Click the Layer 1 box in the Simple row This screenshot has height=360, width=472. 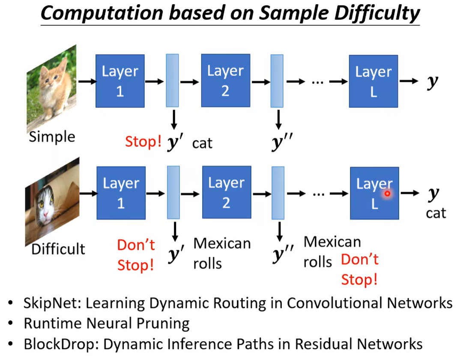(120, 80)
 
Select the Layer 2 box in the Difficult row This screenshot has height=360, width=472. (226, 193)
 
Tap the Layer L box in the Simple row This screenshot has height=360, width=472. (373, 81)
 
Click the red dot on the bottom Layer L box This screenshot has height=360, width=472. (387, 194)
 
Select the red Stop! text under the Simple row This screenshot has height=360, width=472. (143, 142)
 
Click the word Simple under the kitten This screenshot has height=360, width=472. (52, 137)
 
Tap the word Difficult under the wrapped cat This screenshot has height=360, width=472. (58, 249)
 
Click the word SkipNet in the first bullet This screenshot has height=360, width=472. (52, 303)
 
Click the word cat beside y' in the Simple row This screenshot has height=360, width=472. (202, 143)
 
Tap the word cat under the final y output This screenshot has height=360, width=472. (436, 213)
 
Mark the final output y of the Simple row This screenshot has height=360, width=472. (433, 82)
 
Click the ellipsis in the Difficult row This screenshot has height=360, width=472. (318, 193)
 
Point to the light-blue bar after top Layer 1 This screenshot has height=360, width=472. (172, 80)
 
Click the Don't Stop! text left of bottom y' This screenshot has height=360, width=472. (135, 255)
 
